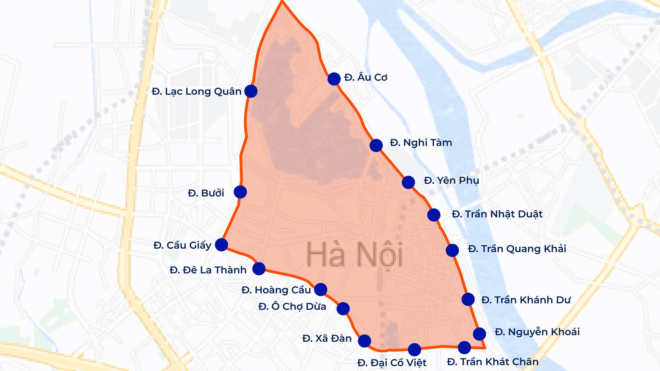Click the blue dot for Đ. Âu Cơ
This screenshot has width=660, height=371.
click(x=334, y=79)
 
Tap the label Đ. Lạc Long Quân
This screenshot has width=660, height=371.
click(x=197, y=91)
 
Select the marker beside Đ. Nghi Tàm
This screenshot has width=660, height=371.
click(x=376, y=145)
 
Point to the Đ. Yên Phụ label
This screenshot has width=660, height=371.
click(x=451, y=181)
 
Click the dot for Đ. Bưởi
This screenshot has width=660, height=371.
click(x=240, y=192)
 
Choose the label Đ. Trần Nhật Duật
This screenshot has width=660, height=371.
click(x=497, y=214)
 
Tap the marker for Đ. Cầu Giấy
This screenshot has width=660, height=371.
click(x=221, y=245)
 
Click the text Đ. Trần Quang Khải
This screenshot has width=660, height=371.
click(x=517, y=249)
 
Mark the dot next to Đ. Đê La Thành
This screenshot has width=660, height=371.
click(x=259, y=269)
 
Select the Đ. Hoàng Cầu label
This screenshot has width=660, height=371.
click(x=276, y=290)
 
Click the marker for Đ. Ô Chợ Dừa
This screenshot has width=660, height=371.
click(x=343, y=309)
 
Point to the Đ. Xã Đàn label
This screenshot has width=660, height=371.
click(x=327, y=339)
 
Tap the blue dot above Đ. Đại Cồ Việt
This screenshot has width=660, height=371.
click(x=414, y=349)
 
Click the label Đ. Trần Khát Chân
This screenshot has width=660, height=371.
click(x=493, y=362)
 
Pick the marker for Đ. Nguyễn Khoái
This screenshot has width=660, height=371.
click(x=479, y=334)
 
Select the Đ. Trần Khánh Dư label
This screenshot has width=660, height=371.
click(x=526, y=300)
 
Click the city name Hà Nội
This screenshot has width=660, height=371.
click(x=355, y=255)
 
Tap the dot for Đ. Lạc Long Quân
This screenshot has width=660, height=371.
click(x=251, y=91)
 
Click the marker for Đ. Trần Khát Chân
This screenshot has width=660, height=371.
click(x=464, y=347)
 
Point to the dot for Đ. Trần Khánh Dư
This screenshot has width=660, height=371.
click(x=468, y=299)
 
